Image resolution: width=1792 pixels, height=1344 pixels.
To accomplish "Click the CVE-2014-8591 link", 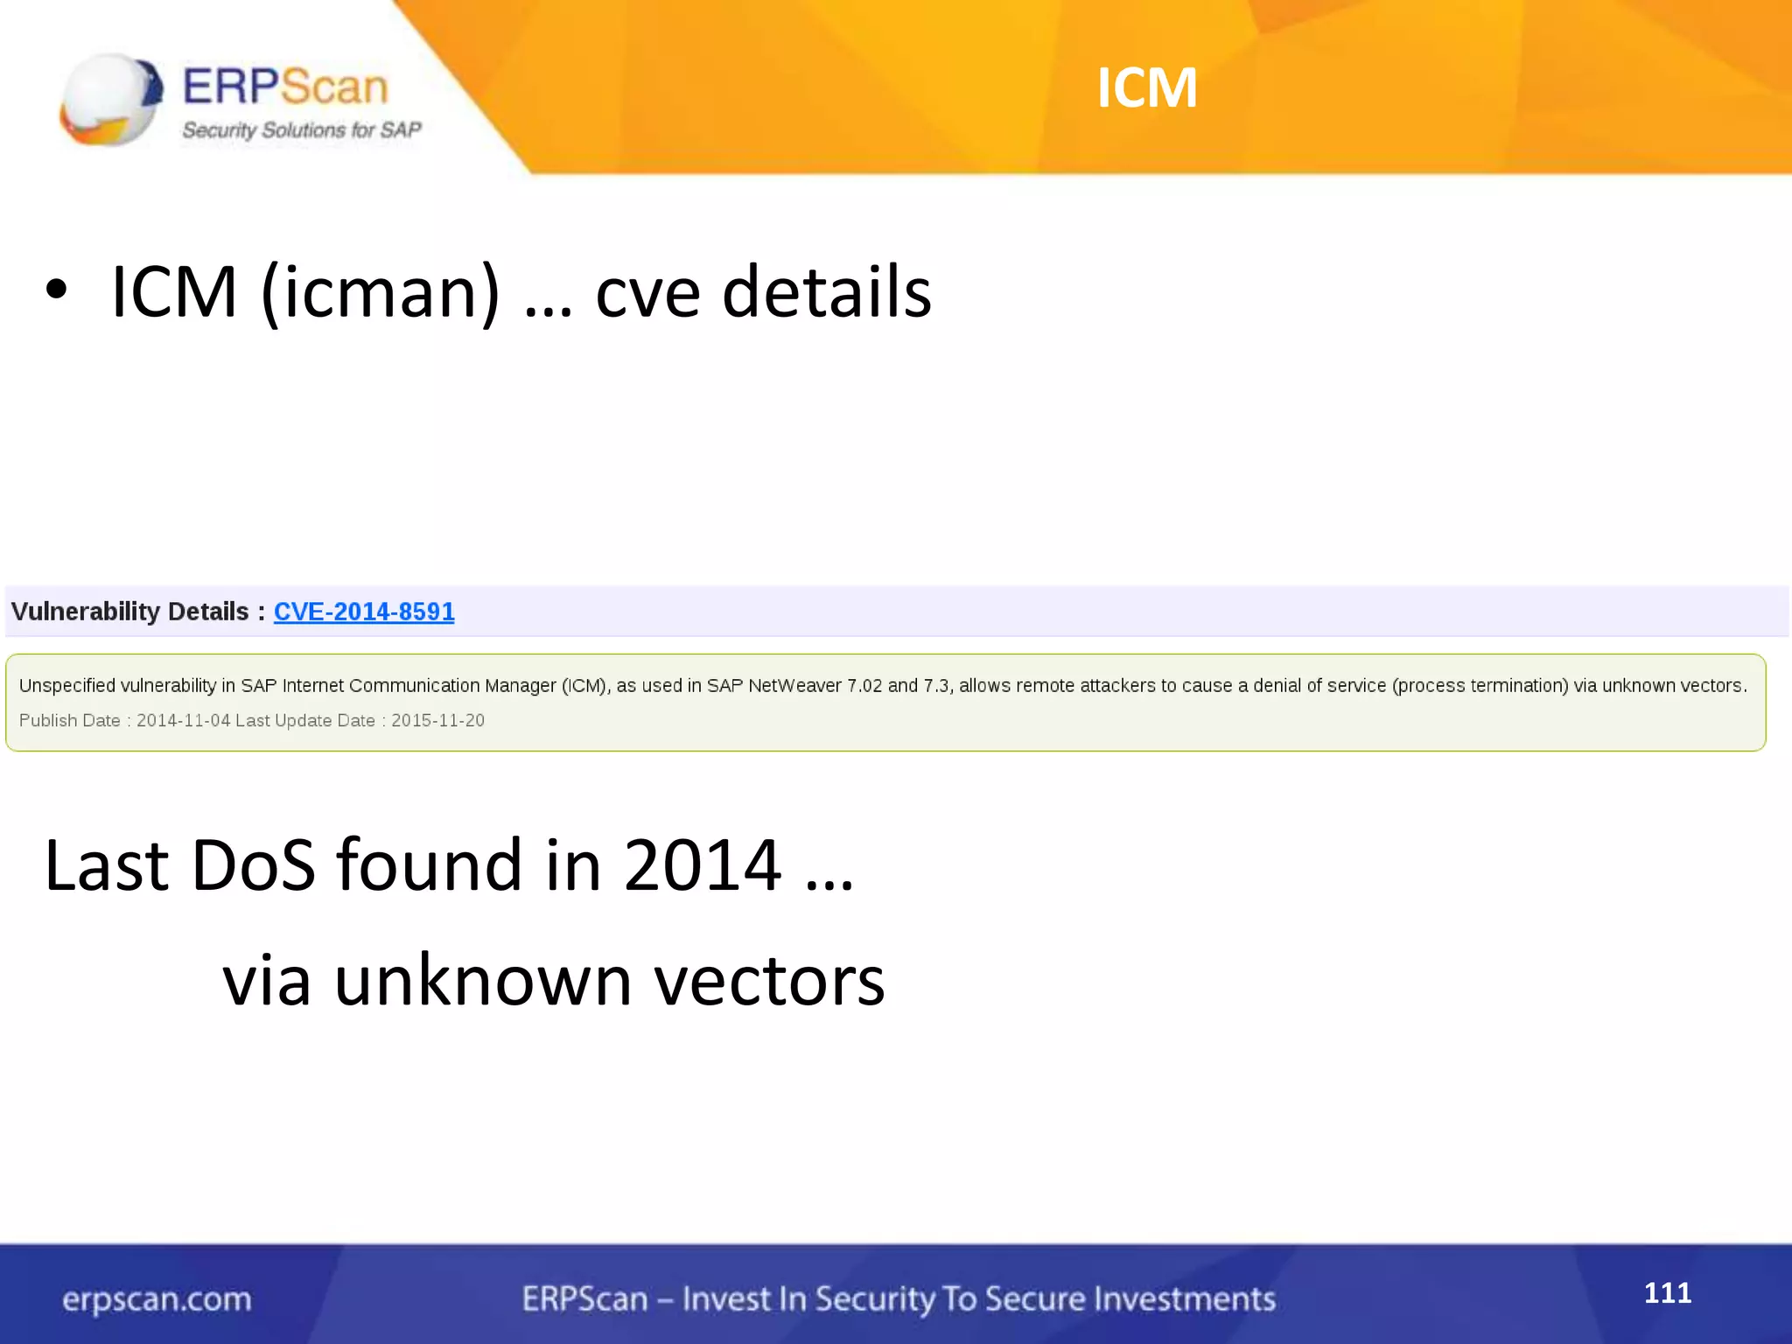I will click(364, 612).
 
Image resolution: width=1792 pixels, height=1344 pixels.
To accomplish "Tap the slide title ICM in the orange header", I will click(1147, 87).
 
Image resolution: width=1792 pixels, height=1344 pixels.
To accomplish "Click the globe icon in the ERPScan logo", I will click(110, 98).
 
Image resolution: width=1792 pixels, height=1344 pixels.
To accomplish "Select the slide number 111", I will click(1667, 1292).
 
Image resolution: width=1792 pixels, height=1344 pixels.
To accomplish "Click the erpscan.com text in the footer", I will click(157, 1299).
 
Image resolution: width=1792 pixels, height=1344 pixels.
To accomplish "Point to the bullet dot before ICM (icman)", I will click(56, 291).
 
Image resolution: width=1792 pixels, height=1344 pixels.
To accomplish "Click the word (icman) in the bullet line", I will click(381, 292).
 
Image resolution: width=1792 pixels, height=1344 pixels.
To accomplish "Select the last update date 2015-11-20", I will click(437, 720).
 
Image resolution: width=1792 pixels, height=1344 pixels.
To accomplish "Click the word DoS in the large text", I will click(253, 864).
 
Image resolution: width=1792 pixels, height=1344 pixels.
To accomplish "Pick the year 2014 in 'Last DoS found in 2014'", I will click(702, 864).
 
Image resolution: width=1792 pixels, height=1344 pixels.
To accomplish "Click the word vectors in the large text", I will click(770, 980).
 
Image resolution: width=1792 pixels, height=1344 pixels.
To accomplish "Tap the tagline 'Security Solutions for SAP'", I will click(301, 130).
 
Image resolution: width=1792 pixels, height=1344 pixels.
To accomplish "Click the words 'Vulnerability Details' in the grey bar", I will click(130, 612).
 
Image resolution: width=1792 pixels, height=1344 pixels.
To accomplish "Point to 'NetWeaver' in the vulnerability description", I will click(794, 685).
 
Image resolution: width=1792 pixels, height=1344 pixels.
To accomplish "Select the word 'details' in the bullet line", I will click(826, 292).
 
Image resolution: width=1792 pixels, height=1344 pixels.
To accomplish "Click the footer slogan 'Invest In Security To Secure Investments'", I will click(978, 1299).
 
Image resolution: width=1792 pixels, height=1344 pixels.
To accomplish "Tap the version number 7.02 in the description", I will click(864, 685).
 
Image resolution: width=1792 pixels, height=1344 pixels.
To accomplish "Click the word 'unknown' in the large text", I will click(483, 980).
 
